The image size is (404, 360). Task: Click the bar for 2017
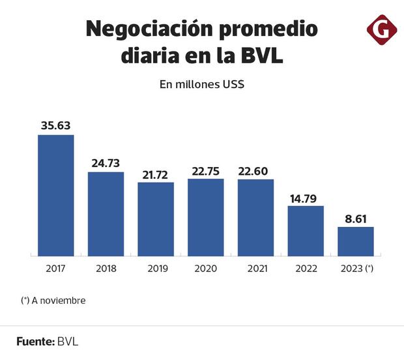pos(55,195)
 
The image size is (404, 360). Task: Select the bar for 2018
pos(106,214)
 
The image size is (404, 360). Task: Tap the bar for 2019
pos(156,219)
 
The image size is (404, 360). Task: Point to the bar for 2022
pos(306,231)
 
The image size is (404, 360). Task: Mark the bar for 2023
pos(356,241)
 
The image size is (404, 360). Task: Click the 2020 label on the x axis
pos(206,269)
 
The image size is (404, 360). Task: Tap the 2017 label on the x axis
pos(55,269)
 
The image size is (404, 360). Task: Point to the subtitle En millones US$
pos(202,84)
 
